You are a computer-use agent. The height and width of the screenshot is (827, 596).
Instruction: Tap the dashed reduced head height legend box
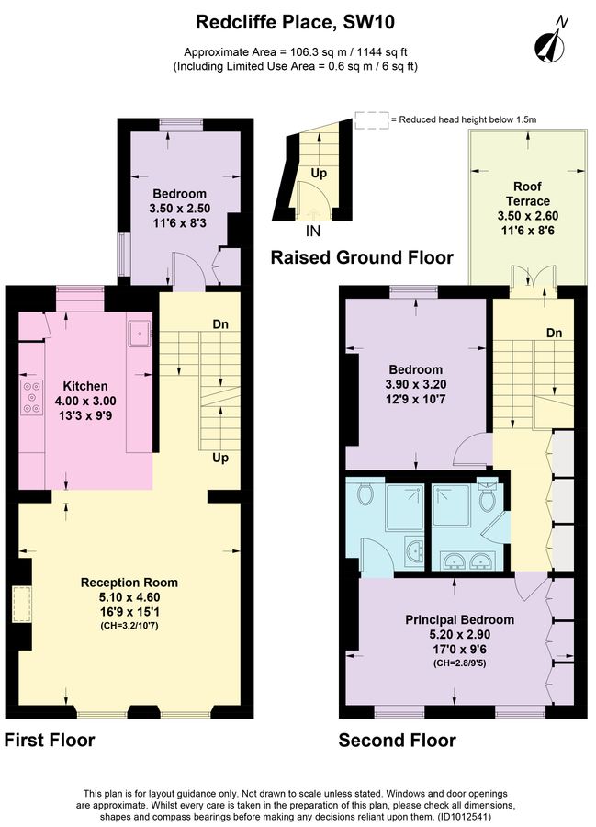tap(371, 119)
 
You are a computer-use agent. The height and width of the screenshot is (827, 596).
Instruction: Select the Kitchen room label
tap(84, 386)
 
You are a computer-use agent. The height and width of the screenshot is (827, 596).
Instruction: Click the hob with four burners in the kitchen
tap(30, 395)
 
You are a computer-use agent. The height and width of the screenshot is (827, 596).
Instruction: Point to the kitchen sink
tap(140, 332)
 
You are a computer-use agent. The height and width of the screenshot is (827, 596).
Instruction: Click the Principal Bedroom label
tap(459, 619)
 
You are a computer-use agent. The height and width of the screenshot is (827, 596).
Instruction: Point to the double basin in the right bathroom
tap(466, 560)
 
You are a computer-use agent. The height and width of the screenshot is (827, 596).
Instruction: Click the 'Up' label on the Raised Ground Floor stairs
tap(318, 173)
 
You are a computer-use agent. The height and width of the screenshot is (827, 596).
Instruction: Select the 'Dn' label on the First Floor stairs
tap(220, 323)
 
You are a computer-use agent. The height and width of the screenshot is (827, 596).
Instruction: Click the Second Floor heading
tap(397, 740)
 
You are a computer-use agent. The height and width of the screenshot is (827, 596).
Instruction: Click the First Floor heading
tap(50, 740)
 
